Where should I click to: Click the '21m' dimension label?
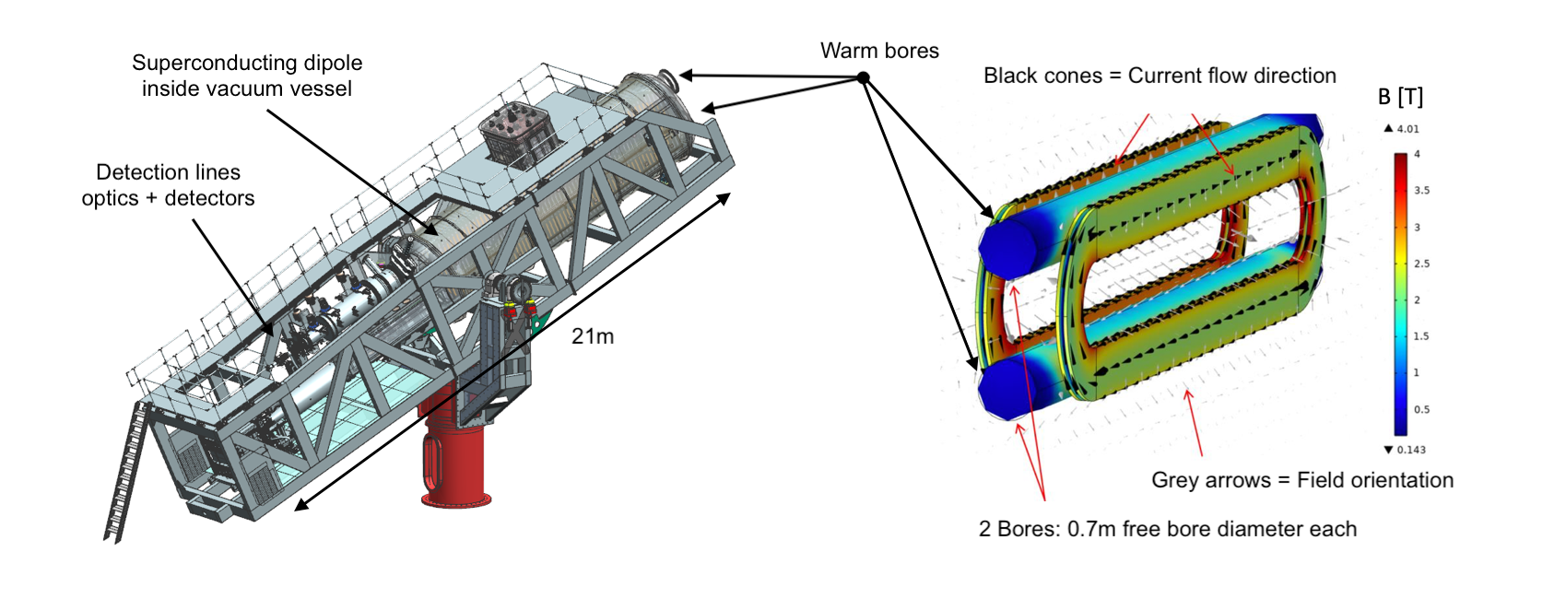(x=592, y=336)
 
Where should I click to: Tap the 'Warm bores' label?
(x=879, y=51)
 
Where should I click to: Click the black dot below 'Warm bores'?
(x=863, y=78)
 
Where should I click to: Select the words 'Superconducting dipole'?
(x=247, y=63)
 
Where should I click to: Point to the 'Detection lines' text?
(x=168, y=172)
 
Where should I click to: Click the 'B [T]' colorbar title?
(x=1400, y=97)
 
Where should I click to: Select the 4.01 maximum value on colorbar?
(x=1407, y=129)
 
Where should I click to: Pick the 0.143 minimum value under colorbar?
(x=1410, y=450)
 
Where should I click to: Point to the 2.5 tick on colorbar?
(x=1422, y=264)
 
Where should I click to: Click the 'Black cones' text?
(x=1042, y=76)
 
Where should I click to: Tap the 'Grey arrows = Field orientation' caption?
(x=1301, y=480)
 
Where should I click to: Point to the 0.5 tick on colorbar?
(x=1422, y=409)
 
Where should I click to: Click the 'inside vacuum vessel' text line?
(x=247, y=88)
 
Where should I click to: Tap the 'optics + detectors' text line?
(x=168, y=198)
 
